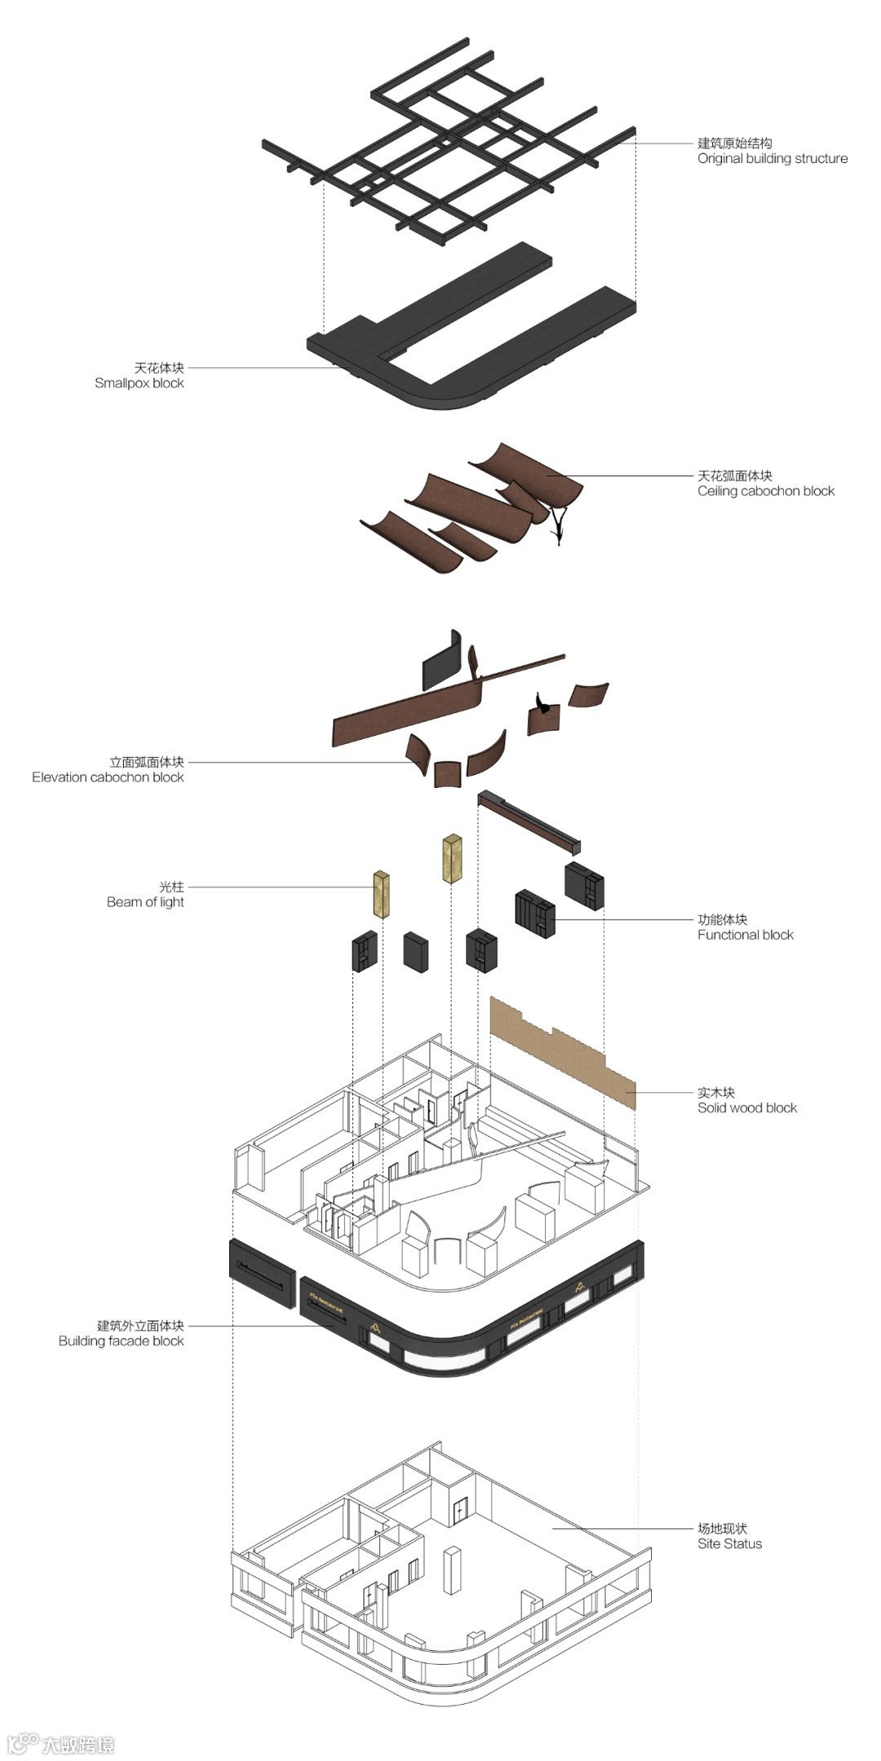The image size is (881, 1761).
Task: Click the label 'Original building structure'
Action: pyautogui.click(x=772, y=158)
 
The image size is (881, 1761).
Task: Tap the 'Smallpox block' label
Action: pyautogui.click(x=139, y=383)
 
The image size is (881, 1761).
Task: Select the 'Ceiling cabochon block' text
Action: pyautogui.click(x=765, y=491)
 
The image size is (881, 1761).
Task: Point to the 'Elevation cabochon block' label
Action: pyautogui.click(x=108, y=777)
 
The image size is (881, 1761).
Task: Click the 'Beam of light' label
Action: pyautogui.click(x=145, y=902)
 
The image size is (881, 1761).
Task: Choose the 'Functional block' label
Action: pyautogui.click(x=745, y=935)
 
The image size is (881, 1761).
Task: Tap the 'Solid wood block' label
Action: pyautogui.click(x=746, y=1108)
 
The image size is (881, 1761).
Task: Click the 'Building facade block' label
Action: pyautogui.click(x=121, y=1341)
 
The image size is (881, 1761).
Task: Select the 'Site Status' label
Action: pyautogui.click(x=729, y=1544)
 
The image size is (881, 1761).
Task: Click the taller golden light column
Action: pyautogui.click(x=453, y=857)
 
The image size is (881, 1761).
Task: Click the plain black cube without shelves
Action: pyautogui.click(x=416, y=952)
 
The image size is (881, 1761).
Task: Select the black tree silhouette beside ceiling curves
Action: pyautogui.click(x=559, y=522)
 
